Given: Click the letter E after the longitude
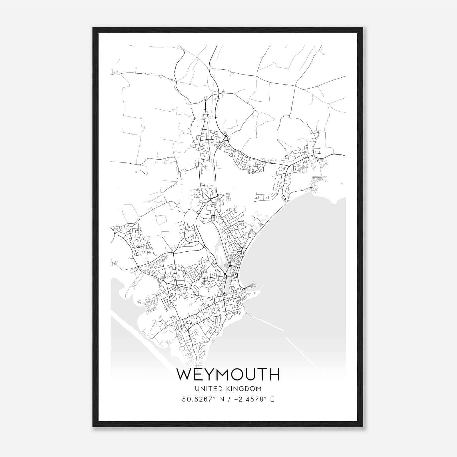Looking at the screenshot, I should click(x=272, y=399).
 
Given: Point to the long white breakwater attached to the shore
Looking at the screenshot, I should click(x=266, y=323).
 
